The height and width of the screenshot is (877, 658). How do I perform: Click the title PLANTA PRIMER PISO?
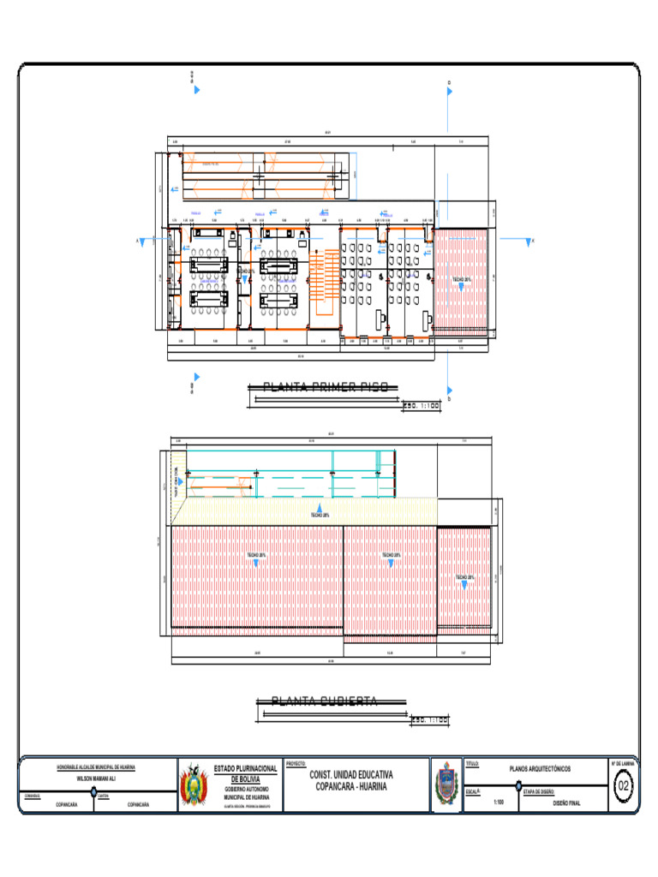(x=325, y=387)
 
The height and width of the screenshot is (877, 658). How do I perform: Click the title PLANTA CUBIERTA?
(x=325, y=701)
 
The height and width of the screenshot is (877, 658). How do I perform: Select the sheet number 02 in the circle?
(x=623, y=785)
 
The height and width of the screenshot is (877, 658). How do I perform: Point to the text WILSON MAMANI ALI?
(x=95, y=779)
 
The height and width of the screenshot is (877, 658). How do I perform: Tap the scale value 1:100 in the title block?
(x=499, y=803)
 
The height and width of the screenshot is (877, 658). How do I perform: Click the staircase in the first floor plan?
(x=323, y=283)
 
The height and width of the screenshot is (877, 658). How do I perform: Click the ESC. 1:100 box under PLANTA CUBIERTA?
(x=429, y=719)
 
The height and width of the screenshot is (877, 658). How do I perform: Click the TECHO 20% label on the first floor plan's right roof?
(x=462, y=279)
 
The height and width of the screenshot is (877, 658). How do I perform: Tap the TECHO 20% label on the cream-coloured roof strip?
(x=318, y=515)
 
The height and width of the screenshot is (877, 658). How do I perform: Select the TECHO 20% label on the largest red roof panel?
(x=256, y=555)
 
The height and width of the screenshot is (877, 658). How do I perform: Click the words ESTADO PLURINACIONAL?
(x=245, y=769)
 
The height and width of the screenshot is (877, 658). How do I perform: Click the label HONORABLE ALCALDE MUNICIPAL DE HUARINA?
(x=95, y=767)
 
